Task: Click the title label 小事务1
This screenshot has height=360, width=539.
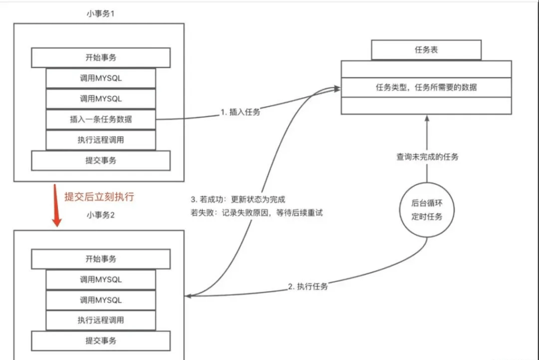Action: pyautogui.click(x=100, y=13)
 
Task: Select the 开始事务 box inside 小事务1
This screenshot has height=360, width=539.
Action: pyautogui.click(x=101, y=57)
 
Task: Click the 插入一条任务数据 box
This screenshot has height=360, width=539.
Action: pyautogui.click(x=101, y=119)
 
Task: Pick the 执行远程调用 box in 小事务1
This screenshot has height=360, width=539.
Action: pyautogui.click(x=101, y=140)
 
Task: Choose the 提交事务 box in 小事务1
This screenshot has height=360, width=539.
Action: pyautogui.click(x=101, y=161)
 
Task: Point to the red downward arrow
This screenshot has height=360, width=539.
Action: pyautogui.click(x=56, y=206)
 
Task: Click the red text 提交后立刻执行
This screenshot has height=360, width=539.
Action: pyautogui.click(x=99, y=197)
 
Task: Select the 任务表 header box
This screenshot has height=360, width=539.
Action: pyautogui.click(x=426, y=50)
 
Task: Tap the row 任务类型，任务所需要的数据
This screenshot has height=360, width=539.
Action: pyautogui.click(x=426, y=87)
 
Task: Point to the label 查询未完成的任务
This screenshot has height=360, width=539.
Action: pyautogui.click(x=427, y=157)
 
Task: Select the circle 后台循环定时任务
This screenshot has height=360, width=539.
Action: pyautogui.click(x=427, y=209)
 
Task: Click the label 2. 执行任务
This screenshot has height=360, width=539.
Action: pyautogui.click(x=308, y=287)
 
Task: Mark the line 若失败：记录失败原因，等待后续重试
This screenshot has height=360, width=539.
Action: pyautogui.click(x=256, y=214)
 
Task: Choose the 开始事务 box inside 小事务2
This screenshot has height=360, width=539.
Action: pyautogui.click(x=101, y=259)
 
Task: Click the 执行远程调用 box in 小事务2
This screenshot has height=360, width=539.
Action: pyautogui.click(x=101, y=320)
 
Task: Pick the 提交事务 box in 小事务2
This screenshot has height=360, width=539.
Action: pyautogui.click(x=101, y=341)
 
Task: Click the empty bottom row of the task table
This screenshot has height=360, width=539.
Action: pyautogui.click(x=426, y=106)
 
